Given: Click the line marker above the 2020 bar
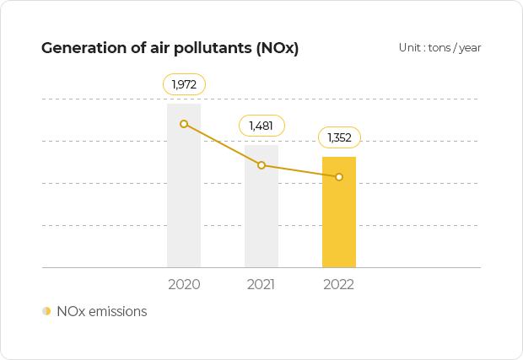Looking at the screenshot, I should [x=184, y=124].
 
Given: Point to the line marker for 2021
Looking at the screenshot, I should [x=261, y=165].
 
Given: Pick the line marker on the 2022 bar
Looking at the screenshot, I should [x=339, y=177].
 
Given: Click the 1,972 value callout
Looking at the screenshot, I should [x=184, y=84].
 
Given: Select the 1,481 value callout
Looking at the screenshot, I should [x=261, y=126].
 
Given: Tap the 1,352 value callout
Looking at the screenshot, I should [x=339, y=137].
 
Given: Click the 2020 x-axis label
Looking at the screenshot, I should [x=184, y=285].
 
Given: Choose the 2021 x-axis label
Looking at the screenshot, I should [x=261, y=285].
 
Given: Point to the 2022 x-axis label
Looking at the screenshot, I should [x=339, y=285].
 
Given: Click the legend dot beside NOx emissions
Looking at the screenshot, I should [x=46, y=311].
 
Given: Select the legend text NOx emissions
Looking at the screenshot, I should [x=102, y=311].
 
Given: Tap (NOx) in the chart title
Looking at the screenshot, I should [x=278, y=47].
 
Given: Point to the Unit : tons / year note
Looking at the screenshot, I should [x=439, y=47].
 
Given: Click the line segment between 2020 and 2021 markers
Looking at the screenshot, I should [x=223, y=145].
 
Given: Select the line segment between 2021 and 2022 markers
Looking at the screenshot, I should [x=300, y=171].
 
